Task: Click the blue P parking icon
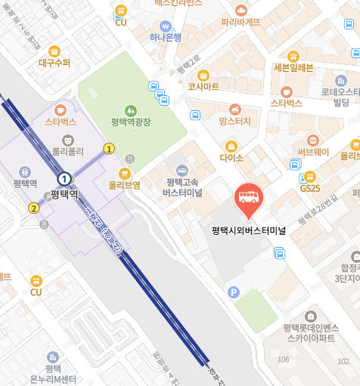[x=234, y=292]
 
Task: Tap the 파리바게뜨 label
[x=241, y=21]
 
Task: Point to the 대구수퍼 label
[x=54, y=63]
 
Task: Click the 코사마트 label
[x=203, y=86]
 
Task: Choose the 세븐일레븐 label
[x=293, y=68]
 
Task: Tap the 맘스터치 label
[x=234, y=120]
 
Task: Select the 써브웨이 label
[x=313, y=151]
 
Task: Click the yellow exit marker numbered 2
[x=33, y=208]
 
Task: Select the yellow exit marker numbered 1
[x=110, y=149]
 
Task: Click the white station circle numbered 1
[x=65, y=178]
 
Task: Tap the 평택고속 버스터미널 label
[x=183, y=187]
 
